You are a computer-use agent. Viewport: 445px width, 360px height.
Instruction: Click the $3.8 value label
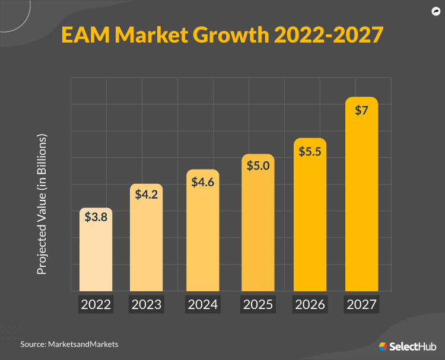96,218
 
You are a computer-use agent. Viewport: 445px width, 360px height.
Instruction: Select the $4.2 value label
146,194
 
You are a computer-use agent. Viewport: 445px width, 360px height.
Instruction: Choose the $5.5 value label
310,152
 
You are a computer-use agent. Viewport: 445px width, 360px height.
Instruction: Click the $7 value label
361,111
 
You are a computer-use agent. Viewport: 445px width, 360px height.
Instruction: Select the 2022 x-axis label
96,305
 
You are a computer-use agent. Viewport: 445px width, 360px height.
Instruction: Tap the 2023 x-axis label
146,305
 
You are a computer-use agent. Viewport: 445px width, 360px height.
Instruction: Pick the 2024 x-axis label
202,305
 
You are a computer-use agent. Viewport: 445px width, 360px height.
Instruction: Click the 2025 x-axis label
258,305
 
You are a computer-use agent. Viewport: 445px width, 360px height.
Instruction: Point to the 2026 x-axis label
310,305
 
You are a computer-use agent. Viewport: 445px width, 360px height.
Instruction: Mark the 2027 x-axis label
361,305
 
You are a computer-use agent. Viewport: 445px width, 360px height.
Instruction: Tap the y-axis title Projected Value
42,204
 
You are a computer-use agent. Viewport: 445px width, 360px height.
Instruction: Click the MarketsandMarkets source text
84,343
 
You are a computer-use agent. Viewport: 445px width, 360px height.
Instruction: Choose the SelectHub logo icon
383,346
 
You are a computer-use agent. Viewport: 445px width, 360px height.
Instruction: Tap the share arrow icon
434,11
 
